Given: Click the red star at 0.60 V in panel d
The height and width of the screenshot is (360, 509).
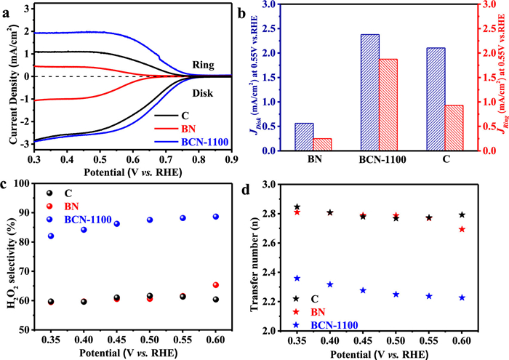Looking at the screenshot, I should tap(462, 229).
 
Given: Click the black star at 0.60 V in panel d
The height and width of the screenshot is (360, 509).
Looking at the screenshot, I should tap(462, 215).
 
